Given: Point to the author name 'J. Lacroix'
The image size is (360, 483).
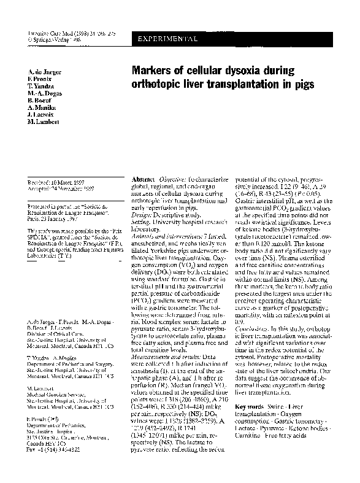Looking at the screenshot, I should click(x=41, y=115).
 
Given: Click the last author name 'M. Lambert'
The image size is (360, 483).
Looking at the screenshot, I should click(x=43, y=123).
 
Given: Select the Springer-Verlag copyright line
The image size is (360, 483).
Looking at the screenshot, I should click(x=50, y=39).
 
